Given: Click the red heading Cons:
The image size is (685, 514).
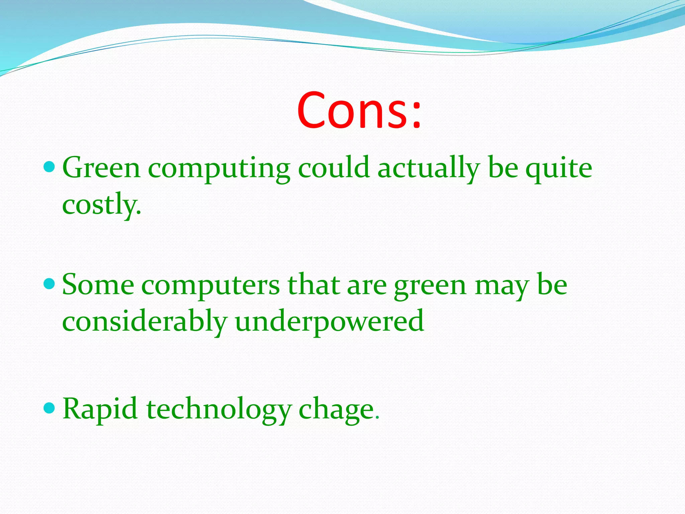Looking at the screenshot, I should tap(359, 110).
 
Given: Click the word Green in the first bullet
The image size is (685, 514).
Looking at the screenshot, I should tap(101, 168).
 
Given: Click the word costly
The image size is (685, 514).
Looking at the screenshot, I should tap(101, 205).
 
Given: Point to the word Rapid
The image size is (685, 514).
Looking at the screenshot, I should tap(100, 409).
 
